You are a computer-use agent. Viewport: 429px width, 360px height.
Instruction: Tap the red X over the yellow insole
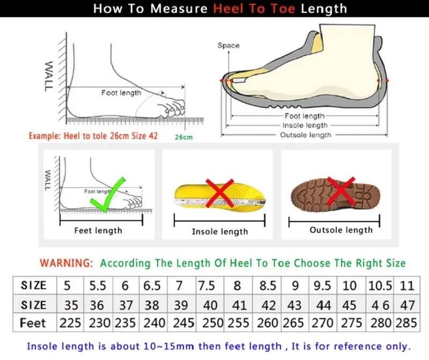[220, 194]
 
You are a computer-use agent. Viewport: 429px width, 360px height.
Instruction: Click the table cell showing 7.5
[206, 285]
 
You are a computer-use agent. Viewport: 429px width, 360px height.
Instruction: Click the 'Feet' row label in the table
[33, 324]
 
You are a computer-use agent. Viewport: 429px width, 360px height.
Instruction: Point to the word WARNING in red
[66, 263]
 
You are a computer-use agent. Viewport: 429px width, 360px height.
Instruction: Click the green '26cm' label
[183, 137]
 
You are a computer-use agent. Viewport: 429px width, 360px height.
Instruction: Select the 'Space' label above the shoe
[228, 46]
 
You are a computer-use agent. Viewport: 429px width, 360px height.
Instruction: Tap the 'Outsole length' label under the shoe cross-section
[306, 135]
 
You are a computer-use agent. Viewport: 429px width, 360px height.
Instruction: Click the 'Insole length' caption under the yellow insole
[220, 231]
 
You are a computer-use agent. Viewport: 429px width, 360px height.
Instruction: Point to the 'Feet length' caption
[98, 231]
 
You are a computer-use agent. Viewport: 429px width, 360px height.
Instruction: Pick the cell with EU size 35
[71, 305]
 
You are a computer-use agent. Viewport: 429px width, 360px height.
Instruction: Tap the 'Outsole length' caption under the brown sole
[341, 230]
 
